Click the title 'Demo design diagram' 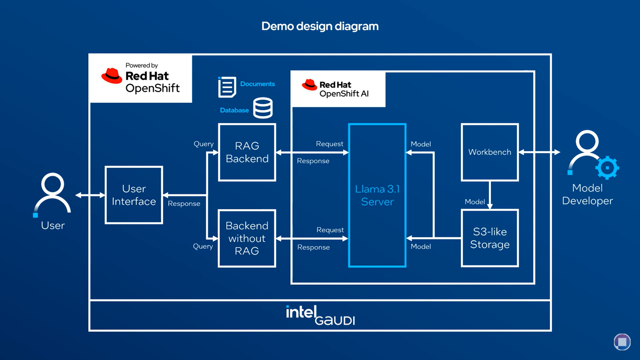(x=320, y=26)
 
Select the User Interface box (x=134, y=195)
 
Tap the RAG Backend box (x=247, y=152)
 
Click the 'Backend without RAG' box (x=247, y=238)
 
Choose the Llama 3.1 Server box (x=377, y=195)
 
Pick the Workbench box (x=490, y=152)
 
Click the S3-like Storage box (x=490, y=238)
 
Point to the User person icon (x=52, y=194)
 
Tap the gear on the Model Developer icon (x=607, y=168)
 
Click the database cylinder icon (x=263, y=108)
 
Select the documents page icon (x=227, y=87)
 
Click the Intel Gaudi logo (x=320, y=315)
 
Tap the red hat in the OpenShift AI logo (x=309, y=85)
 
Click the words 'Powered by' (x=141, y=65)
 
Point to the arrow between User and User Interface (x=90, y=195)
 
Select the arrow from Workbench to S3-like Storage (x=490, y=195)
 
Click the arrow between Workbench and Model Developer (x=539, y=152)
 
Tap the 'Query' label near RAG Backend (x=203, y=144)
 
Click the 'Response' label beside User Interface (x=184, y=204)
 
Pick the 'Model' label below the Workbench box (x=475, y=202)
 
